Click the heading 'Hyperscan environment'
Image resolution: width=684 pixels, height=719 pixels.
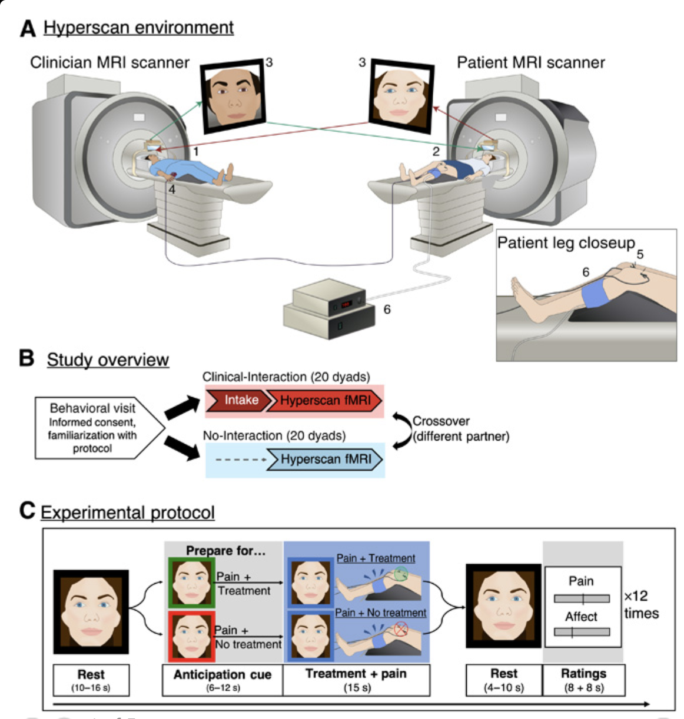(x=138, y=28)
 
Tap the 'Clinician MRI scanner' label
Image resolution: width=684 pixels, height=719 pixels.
(x=109, y=62)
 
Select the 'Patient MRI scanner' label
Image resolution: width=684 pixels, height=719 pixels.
(x=530, y=62)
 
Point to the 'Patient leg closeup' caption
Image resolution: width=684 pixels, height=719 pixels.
(x=566, y=243)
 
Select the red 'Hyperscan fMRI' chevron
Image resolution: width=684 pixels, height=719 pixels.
(x=324, y=400)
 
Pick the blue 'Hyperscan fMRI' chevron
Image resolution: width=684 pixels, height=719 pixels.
(x=326, y=460)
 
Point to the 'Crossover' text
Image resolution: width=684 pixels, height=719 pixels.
(x=441, y=421)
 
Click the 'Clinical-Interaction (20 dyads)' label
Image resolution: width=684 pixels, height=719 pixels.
(x=285, y=377)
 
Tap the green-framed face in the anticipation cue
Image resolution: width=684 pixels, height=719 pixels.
(x=190, y=582)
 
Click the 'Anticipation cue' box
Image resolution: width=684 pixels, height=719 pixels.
(x=223, y=680)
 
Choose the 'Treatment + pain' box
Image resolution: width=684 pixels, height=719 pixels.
(x=356, y=680)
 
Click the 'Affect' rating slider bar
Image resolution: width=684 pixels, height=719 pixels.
(x=582, y=632)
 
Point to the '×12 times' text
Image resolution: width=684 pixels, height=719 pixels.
(x=640, y=604)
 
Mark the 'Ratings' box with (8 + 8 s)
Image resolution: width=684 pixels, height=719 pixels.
(x=583, y=680)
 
